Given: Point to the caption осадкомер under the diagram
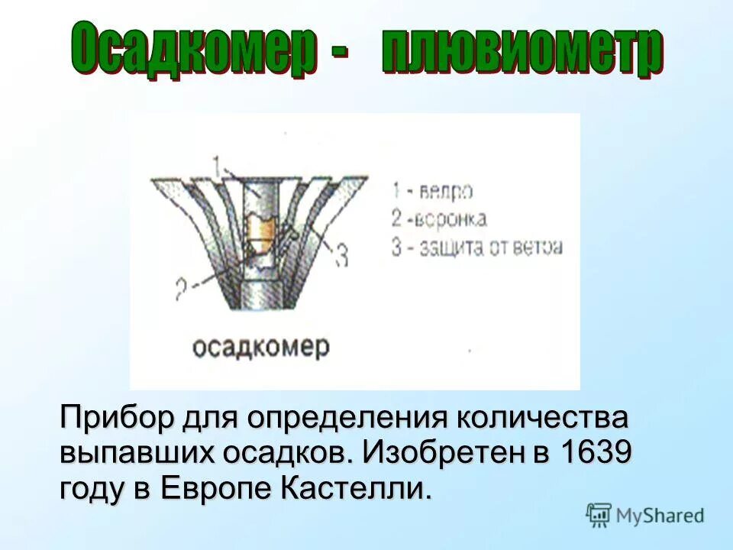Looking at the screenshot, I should [260, 348].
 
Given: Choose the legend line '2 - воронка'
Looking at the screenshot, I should [439, 219].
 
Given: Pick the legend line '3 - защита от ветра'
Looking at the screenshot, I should [477, 247].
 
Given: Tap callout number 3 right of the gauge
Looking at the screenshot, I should [341, 254].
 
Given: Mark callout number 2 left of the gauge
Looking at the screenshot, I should [181, 290].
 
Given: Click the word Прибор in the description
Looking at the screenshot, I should [117, 418].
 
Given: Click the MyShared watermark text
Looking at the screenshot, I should [660, 515].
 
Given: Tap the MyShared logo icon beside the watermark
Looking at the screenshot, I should [599, 515].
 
